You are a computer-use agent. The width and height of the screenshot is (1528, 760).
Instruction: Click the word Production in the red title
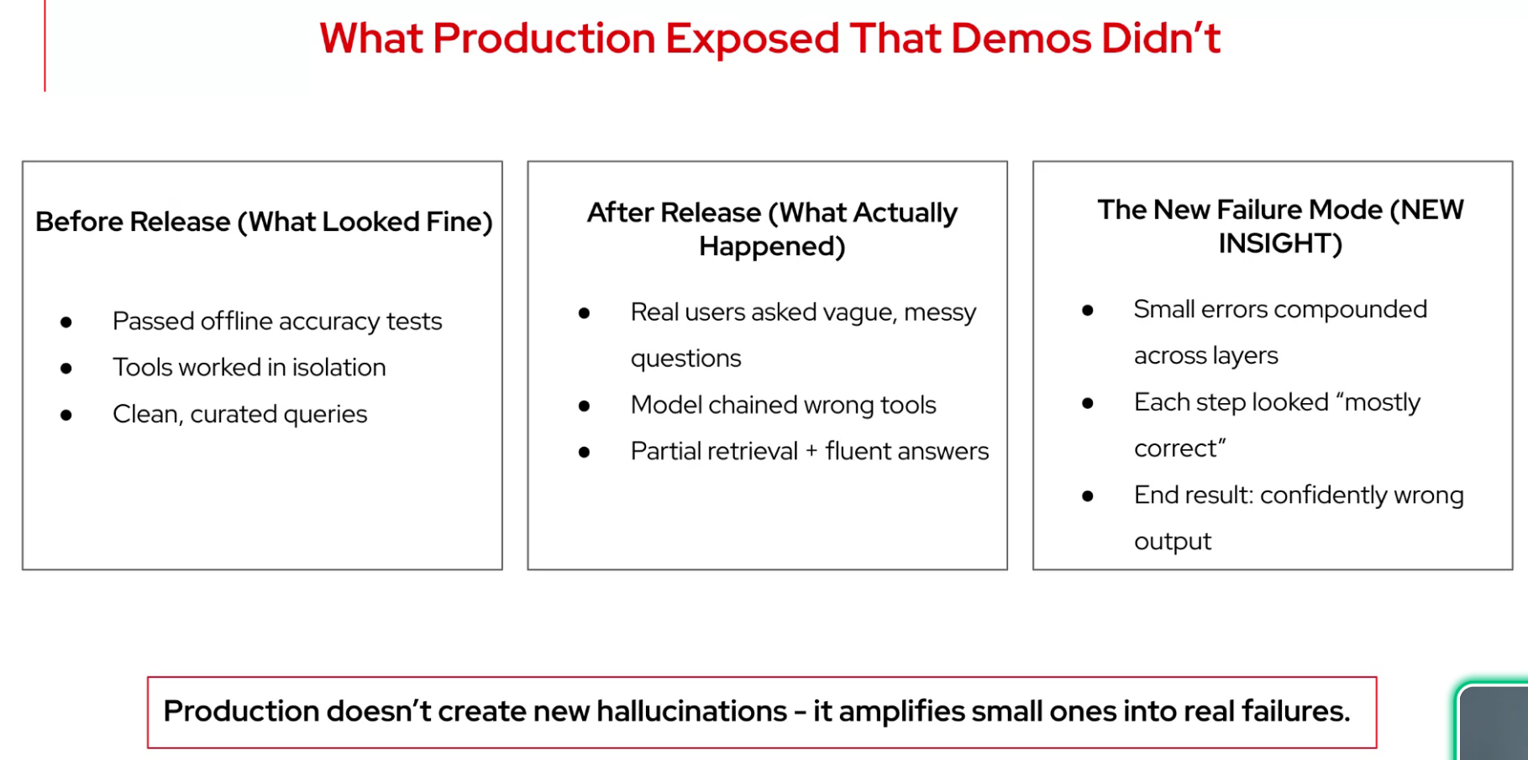(543, 39)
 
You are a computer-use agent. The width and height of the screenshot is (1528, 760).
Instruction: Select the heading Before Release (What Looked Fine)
(264, 222)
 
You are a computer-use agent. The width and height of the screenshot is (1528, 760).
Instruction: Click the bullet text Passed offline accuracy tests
(277, 321)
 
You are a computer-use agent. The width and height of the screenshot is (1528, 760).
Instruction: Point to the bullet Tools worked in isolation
(249, 367)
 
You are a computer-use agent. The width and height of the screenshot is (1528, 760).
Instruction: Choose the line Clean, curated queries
(240, 414)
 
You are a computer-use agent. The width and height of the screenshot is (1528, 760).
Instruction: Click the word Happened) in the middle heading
(772, 246)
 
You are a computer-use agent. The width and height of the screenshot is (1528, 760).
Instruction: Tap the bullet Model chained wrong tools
(783, 405)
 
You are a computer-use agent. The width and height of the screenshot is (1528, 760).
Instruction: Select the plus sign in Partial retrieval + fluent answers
(811, 452)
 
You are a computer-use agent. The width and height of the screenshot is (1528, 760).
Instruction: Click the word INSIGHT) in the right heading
(1280, 244)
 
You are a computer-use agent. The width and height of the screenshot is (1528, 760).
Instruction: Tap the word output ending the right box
(1173, 542)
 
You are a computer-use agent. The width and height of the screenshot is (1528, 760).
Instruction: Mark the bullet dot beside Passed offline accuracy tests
(66, 322)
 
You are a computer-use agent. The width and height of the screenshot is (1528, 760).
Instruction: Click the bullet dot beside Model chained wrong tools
(585, 406)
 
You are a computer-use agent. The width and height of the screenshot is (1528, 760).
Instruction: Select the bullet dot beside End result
(1088, 496)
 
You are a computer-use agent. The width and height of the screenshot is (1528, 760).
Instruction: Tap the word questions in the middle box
(685, 359)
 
